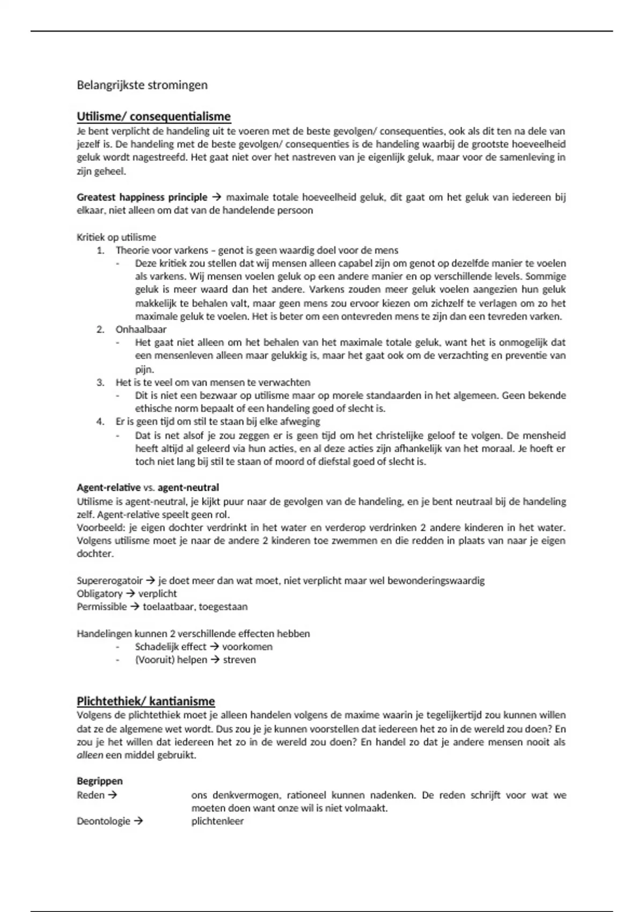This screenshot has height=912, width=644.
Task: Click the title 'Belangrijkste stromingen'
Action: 142,85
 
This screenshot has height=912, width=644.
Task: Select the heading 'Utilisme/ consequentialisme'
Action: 153,116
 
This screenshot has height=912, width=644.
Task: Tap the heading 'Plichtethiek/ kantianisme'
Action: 145,701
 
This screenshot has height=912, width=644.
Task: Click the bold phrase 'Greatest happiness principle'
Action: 142,197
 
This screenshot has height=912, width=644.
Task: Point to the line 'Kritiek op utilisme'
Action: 116,237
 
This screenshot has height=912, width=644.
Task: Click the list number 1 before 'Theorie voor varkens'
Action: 100,251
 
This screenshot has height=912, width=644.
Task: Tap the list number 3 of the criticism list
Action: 100,383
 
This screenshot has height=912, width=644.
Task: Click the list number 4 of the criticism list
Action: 100,422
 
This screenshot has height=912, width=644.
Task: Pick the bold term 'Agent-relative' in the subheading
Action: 108,488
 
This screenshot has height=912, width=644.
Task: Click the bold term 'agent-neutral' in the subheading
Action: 188,488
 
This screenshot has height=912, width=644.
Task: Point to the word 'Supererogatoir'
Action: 109,580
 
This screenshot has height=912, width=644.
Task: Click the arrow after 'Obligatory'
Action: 130,594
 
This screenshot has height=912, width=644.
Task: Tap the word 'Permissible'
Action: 102,607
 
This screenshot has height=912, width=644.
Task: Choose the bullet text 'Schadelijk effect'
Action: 171,647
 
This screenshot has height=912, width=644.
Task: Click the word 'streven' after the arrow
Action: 239,660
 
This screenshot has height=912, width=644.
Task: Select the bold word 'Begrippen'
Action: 100,781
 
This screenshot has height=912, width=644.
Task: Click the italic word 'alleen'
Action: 89,755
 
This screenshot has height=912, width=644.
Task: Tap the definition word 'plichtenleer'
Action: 217,821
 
